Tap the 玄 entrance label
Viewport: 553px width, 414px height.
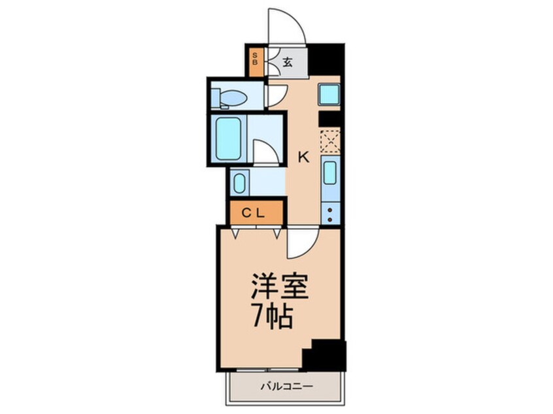click(287, 63)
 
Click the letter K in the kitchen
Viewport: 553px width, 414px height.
click(303, 157)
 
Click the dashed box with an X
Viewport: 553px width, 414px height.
click(331, 140)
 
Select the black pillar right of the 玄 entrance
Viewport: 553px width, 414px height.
click(326, 59)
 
